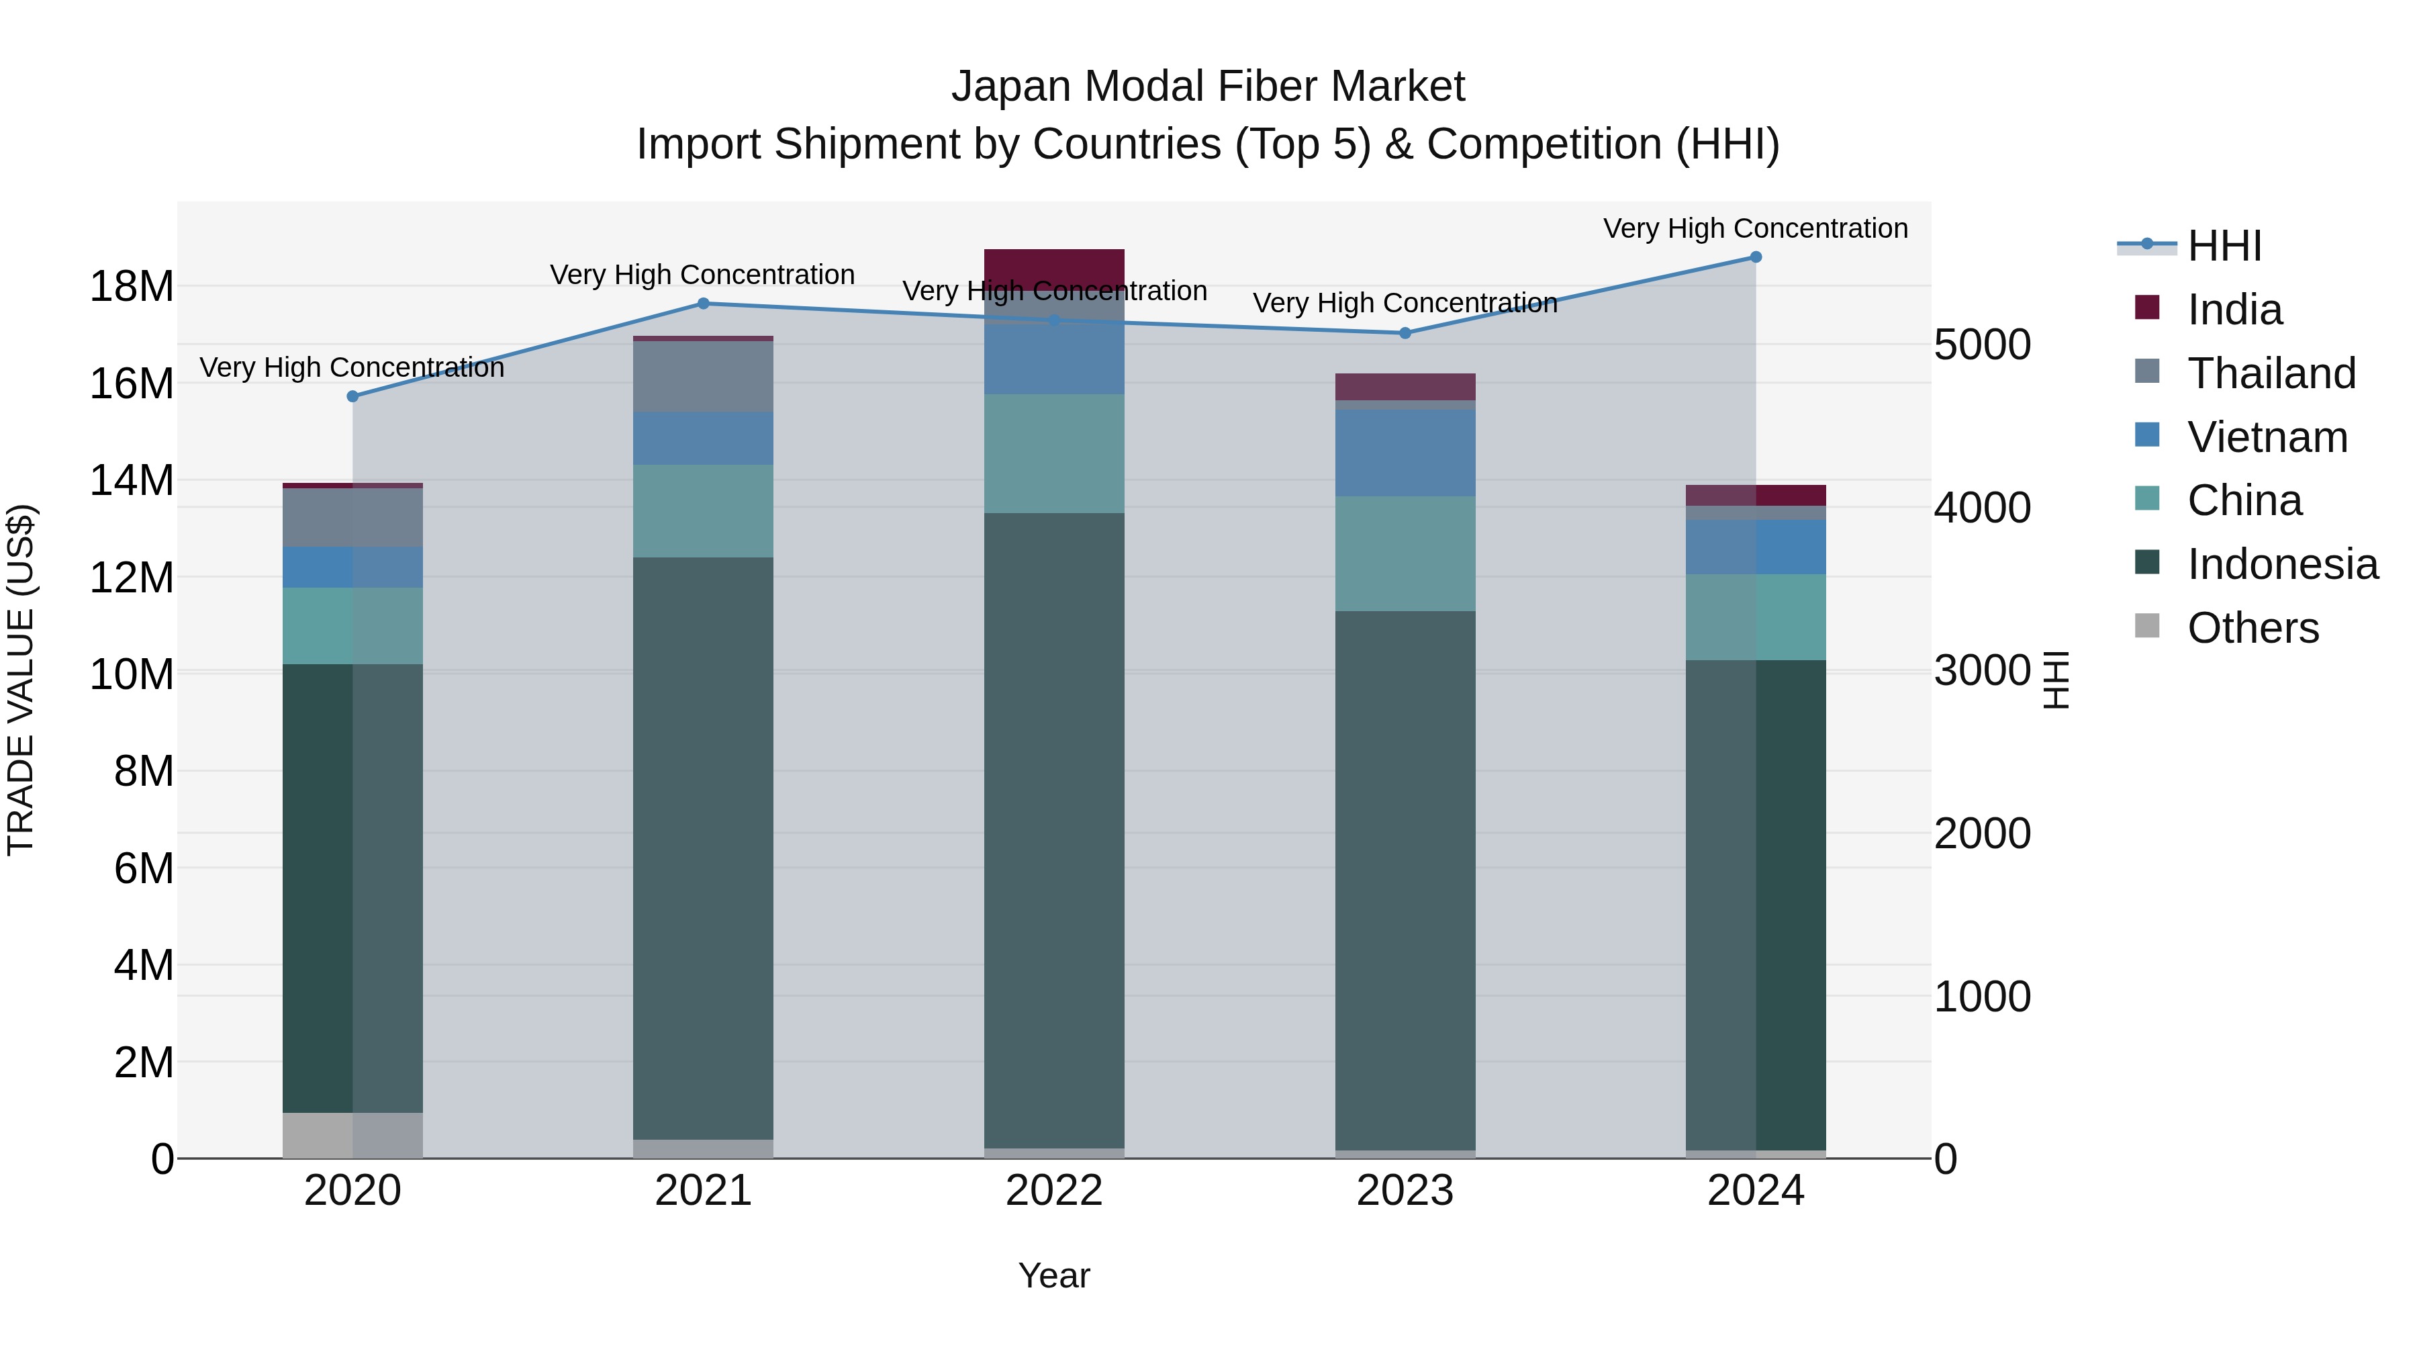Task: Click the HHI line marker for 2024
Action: pos(1756,257)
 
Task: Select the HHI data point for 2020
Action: pos(352,397)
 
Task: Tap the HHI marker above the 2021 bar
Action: pos(704,303)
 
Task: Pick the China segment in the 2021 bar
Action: pos(703,512)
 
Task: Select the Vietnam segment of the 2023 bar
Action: pos(1405,453)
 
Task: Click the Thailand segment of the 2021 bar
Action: pos(703,376)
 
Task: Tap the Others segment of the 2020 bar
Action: pos(352,1136)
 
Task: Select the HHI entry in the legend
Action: pos(2224,246)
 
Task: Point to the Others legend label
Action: pos(2253,628)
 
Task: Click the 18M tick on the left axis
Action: pos(132,286)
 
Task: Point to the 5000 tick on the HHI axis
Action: pos(1982,345)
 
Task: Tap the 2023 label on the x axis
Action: pos(1405,1191)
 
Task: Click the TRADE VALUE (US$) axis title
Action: pos(21,680)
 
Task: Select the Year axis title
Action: pos(1053,1275)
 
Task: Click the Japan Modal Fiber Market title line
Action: pos(1208,87)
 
